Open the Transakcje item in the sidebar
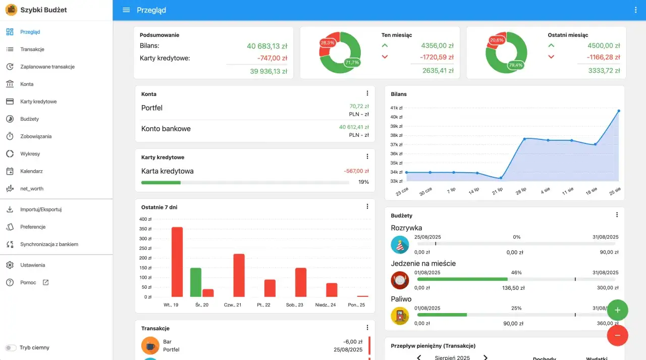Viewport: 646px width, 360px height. (32, 49)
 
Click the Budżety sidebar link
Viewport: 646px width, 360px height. (29, 119)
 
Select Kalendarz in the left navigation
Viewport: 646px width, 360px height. (31, 171)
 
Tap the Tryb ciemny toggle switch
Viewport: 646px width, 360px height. (11, 347)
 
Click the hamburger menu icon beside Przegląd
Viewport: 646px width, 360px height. (126, 10)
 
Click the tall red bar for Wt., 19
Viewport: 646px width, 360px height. (177, 262)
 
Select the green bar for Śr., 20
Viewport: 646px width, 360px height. (196, 282)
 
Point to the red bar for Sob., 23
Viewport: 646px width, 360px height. (301, 282)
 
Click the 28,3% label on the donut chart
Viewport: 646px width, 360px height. (328, 43)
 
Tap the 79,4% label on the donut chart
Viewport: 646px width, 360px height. (516, 65)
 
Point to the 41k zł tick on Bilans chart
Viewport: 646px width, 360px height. (396, 108)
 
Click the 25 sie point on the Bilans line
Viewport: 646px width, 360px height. (619, 111)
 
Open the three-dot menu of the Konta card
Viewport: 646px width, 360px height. (367, 93)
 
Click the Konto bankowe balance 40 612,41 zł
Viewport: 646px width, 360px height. (354, 127)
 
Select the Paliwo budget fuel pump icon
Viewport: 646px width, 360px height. (400, 316)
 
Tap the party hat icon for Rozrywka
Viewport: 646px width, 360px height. (400, 245)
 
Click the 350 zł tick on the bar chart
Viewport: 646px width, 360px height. (145, 229)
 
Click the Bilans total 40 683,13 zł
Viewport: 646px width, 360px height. (267, 46)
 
